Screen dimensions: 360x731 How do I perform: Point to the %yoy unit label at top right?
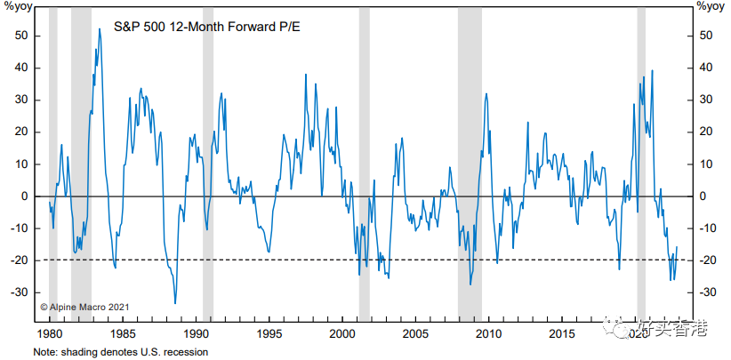710,7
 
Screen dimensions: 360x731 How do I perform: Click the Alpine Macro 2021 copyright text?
85,307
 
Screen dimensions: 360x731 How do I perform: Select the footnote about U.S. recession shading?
121,352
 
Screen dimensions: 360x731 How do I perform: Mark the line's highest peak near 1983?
99,29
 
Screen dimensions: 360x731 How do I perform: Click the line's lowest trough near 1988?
174,303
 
